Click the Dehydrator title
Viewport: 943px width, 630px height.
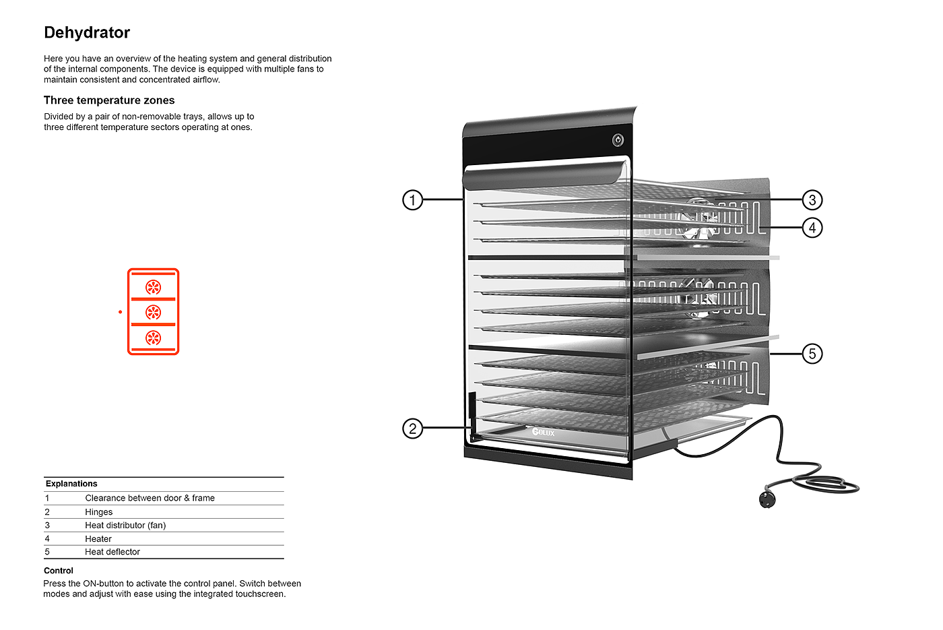87,32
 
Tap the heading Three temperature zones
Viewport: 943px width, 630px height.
109,100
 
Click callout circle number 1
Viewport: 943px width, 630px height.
412,200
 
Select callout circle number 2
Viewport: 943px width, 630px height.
412,429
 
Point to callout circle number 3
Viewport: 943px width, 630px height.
812,200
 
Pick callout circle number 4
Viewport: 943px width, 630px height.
812,228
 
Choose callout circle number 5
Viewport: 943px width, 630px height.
812,354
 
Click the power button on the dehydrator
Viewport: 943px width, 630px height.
618,140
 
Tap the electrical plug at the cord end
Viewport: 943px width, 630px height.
767,499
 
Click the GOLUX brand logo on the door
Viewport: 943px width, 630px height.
543,432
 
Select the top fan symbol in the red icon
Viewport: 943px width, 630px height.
154,288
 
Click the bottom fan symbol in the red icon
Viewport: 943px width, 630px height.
154,338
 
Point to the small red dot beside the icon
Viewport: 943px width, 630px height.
120,312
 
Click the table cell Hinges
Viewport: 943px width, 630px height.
98,512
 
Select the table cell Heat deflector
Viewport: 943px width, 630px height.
112,552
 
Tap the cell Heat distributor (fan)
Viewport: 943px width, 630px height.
125,526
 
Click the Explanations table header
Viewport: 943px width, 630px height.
71,484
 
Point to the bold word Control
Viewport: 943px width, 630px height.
59,571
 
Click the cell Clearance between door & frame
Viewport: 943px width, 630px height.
150,498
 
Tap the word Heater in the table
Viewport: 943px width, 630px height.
98,539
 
